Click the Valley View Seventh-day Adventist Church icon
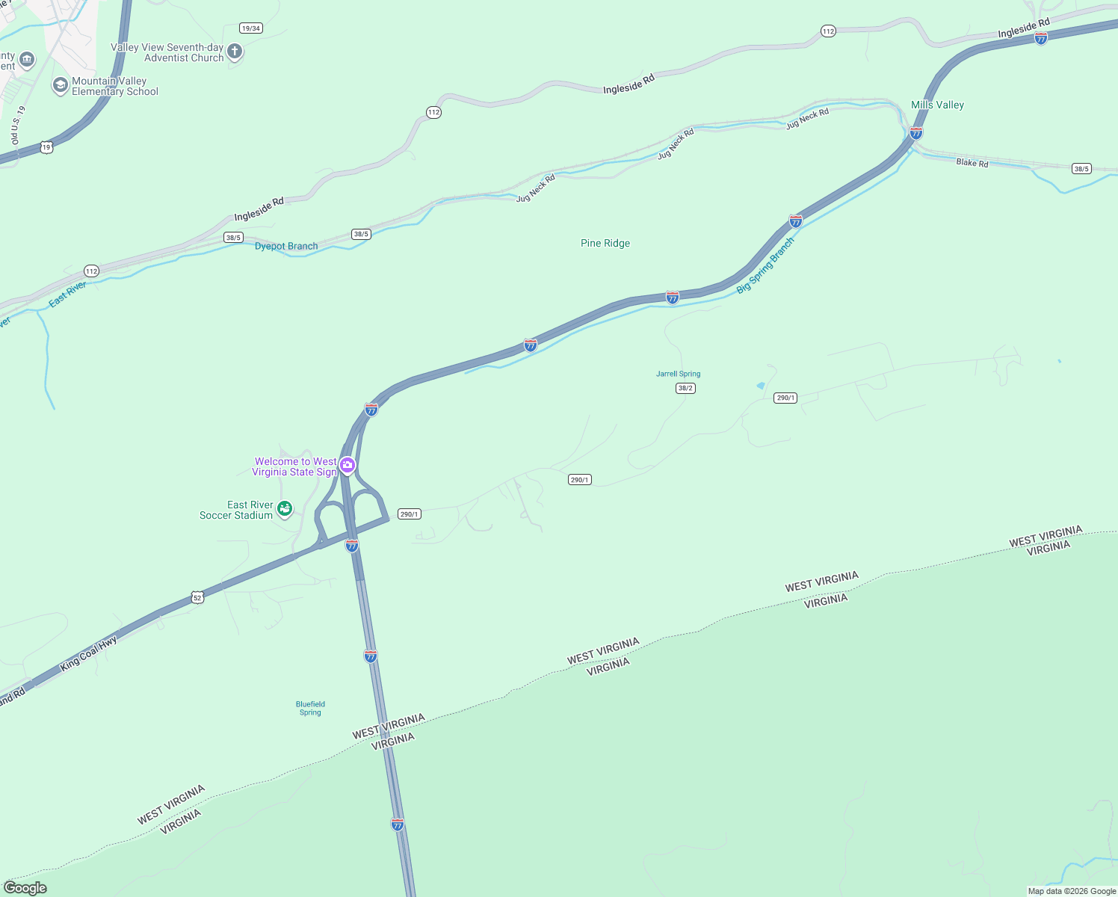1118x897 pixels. pyautogui.click(x=235, y=52)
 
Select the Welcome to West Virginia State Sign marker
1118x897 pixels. pyautogui.click(x=348, y=466)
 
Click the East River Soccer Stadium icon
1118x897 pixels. pyautogui.click(x=284, y=509)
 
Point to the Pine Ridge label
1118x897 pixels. pyautogui.click(x=605, y=243)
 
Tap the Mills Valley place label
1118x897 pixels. pyautogui.click(x=937, y=105)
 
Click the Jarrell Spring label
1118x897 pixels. pyautogui.click(x=678, y=374)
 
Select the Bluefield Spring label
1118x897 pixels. pyautogui.click(x=310, y=708)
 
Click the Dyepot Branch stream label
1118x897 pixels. pyautogui.click(x=286, y=246)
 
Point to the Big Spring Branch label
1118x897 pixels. pyautogui.click(x=765, y=265)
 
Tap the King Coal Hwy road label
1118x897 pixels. pyautogui.click(x=89, y=653)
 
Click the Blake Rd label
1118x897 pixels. pyautogui.click(x=972, y=162)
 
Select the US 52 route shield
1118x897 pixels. pyautogui.click(x=197, y=597)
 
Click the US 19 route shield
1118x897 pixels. pyautogui.click(x=46, y=147)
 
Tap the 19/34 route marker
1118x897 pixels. pyautogui.click(x=251, y=28)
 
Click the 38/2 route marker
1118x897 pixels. pyautogui.click(x=685, y=388)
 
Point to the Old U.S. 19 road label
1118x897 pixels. pyautogui.click(x=18, y=125)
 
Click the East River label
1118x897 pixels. pyautogui.click(x=67, y=294)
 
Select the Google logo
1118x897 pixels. pyautogui.click(x=25, y=887)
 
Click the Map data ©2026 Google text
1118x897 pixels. pyautogui.click(x=1072, y=891)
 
